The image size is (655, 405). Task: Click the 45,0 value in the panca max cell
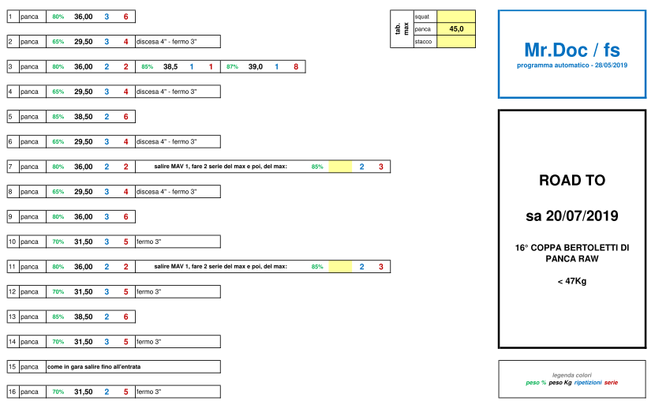click(456, 29)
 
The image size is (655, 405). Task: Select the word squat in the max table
click(422, 17)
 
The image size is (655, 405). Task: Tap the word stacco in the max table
click(423, 41)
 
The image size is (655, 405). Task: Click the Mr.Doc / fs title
click(572, 50)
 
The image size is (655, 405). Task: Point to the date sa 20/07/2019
click(572, 216)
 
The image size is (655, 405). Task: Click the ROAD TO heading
click(572, 180)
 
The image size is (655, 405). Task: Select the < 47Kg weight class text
click(572, 281)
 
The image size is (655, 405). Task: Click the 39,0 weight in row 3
click(255, 66)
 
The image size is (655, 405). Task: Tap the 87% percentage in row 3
click(232, 66)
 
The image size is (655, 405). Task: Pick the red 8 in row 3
click(296, 66)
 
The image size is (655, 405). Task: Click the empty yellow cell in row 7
click(340, 167)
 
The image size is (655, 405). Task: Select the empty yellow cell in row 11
click(340, 266)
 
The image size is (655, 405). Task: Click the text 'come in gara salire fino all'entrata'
click(94, 366)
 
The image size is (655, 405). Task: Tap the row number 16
click(12, 392)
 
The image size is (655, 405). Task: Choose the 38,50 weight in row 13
click(84, 317)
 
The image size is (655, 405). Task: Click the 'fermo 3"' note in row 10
click(148, 242)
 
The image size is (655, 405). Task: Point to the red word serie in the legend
click(611, 382)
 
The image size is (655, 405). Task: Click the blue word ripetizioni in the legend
click(588, 382)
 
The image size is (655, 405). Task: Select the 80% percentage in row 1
click(58, 17)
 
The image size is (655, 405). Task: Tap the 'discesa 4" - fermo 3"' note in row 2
click(167, 41)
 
